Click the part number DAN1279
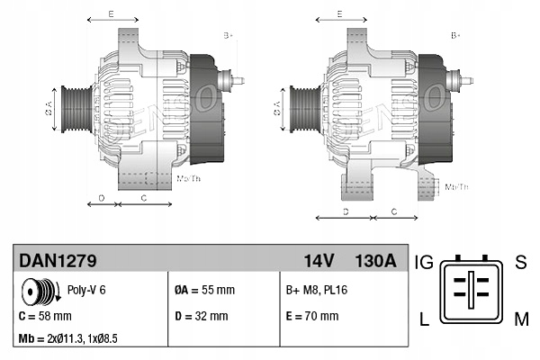click(x=58, y=261)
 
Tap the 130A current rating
click(x=374, y=261)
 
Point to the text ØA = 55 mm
click(x=204, y=291)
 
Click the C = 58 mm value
click(x=45, y=316)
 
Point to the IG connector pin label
click(x=425, y=262)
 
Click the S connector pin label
click(x=519, y=262)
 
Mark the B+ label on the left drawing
click(x=228, y=35)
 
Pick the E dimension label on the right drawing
click(x=339, y=13)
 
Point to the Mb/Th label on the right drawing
click(x=456, y=186)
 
